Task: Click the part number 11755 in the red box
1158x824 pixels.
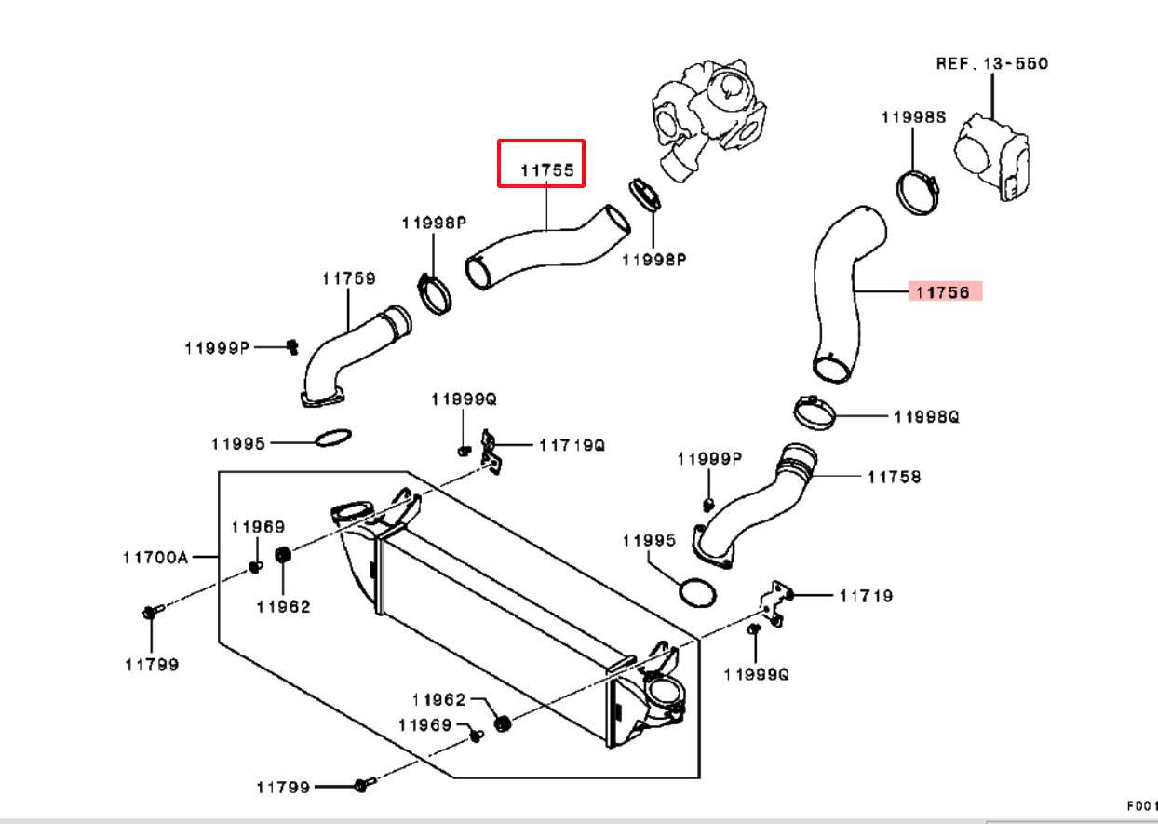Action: pos(547,170)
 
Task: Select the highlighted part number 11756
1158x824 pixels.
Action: pos(942,292)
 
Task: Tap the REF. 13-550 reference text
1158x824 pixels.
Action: pos(992,63)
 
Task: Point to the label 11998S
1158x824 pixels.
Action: pos(913,117)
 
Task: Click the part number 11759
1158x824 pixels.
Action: pos(349,278)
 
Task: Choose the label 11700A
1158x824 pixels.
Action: pos(155,558)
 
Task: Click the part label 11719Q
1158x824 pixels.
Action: pos(572,445)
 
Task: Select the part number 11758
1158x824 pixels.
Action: pos(895,477)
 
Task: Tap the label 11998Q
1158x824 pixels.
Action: pos(927,416)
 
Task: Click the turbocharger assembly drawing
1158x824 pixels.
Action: pos(707,119)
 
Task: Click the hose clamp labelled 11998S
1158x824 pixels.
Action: pos(918,193)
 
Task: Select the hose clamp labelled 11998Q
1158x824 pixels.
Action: pos(815,412)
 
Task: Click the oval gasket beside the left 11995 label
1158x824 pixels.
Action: pos(333,438)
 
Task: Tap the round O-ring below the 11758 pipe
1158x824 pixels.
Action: pos(697,592)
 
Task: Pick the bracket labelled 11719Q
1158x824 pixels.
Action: pos(491,451)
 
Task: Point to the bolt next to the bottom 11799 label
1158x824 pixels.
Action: pos(366,785)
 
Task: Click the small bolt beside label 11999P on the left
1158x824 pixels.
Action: pos(292,346)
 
